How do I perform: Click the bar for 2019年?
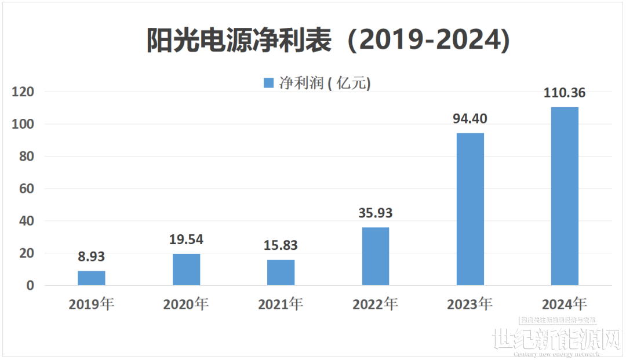pyautogui.click(x=92, y=278)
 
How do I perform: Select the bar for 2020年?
pyautogui.click(x=186, y=270)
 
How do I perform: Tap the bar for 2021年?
pyautogui.click(x=281, y=272)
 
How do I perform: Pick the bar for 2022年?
pyautogui.click(x=376, y=256)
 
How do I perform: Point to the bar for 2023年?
pyautogui.click(x=470, y=209)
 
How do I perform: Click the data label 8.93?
pyautogui.click(x=92, y=257)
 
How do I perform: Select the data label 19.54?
pyautogui.click(x=186, y=239)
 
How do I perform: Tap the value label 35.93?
pyautogui.click(x=376, y=213)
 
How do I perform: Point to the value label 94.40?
pyautogui.click(x=470, y=119)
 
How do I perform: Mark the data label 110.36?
pyautogui.click(x=565, y=93)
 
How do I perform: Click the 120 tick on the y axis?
pyautogui.click(x=24, y=92)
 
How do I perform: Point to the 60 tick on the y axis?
pyautogui.click(x=27, y=189)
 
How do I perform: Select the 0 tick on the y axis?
pyautogui.click(x=31, y=286)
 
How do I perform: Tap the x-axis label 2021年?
pyautogui.click(x=281, y=304)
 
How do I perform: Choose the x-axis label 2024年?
pyautogui.click(x=565, y=304)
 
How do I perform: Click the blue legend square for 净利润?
pyautogui.click(x=268, y=83)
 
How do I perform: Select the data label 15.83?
pyautogui.click(x=281, y=245)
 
